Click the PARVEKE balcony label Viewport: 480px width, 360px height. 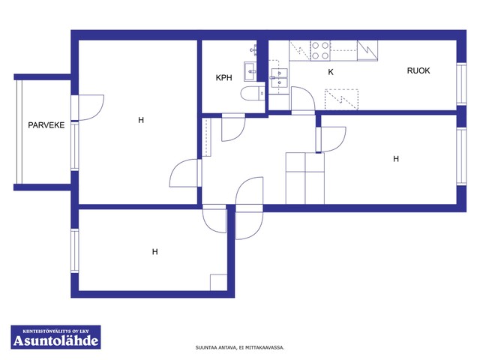(46, 125)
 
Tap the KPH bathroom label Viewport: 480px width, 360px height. (223, 77)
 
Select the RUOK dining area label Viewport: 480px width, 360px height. (418, 70)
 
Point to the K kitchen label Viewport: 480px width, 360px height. (331, 72)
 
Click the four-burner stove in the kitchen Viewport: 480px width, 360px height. (320, 50)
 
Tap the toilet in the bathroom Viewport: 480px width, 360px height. (253, 93)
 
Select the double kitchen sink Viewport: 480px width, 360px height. (279, 77)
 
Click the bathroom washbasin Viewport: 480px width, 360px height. (250, 71)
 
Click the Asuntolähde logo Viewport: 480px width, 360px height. (55, 337)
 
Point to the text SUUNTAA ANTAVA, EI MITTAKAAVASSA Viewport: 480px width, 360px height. (240, 347)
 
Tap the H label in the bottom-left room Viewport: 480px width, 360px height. (155, 252)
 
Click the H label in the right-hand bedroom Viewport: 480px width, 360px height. (396, 158)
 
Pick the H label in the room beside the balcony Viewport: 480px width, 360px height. (141, 120)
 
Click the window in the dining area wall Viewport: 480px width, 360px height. (461, 84)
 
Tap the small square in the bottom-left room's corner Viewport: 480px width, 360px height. (218, 282)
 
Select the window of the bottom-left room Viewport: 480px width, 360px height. (75, 250)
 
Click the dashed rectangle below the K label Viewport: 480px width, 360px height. (341, 99)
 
